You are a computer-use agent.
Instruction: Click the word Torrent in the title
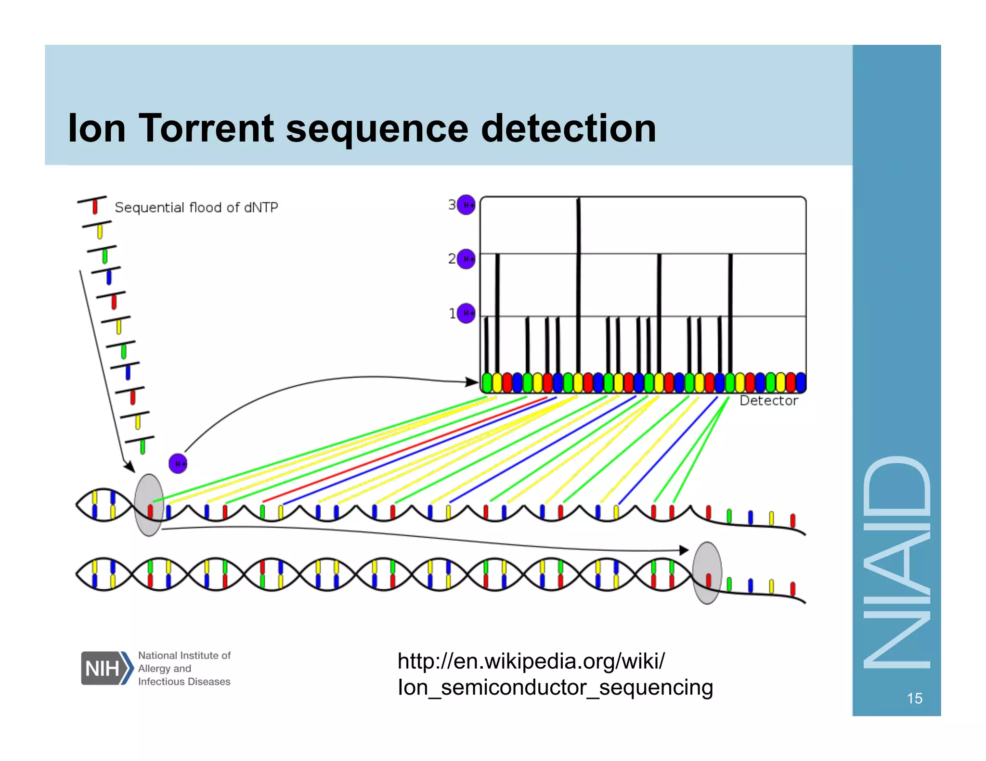(206, 128)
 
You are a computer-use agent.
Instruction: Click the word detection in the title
(569, 128)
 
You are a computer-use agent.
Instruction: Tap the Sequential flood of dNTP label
(196, 207)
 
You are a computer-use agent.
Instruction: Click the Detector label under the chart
(768, 401)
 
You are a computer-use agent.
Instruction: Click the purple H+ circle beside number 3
(466, 205)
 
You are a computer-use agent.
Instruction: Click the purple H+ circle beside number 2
(466, 259)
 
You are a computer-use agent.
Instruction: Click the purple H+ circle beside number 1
(466, 314)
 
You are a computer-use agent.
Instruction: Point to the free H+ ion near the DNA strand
(178, 464)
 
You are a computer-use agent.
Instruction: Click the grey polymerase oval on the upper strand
(149, 505)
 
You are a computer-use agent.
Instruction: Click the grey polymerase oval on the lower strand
(707, 573)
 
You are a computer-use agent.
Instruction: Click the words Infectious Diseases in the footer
(184, 682)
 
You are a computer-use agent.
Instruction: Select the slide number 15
(914, 698)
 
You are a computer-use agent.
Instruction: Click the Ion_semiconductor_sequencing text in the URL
(555, 687)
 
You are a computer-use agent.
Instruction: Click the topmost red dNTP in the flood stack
(95, 207)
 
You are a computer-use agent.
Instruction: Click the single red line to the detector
(404, 450)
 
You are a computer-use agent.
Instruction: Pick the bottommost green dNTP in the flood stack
(143, 447)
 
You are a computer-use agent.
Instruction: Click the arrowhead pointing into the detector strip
(472, 382)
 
